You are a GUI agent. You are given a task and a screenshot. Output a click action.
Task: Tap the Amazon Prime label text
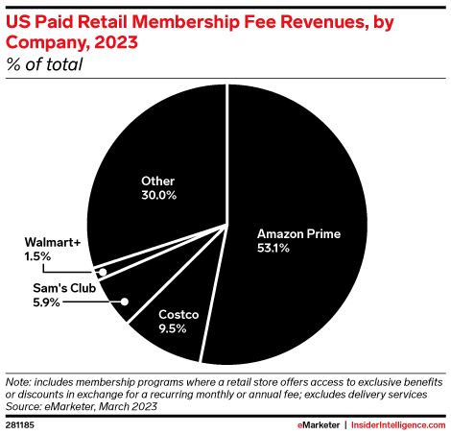point(299,232)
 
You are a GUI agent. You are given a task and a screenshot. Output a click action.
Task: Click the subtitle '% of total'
point(44,65)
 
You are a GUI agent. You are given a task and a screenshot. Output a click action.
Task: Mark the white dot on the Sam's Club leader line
point(125,301)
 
